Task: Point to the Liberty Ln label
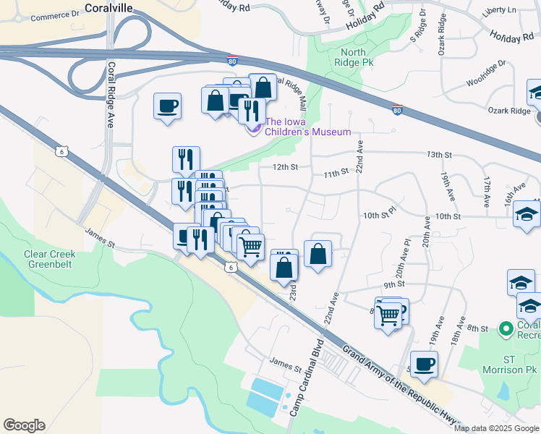[503, 10]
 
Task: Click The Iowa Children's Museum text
[307, 127]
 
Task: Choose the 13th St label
[439, 155]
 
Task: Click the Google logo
[24, 425]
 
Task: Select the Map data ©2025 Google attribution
[496, 428]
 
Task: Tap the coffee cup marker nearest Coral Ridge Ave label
[167, 106]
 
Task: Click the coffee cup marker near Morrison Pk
[424, 364]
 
